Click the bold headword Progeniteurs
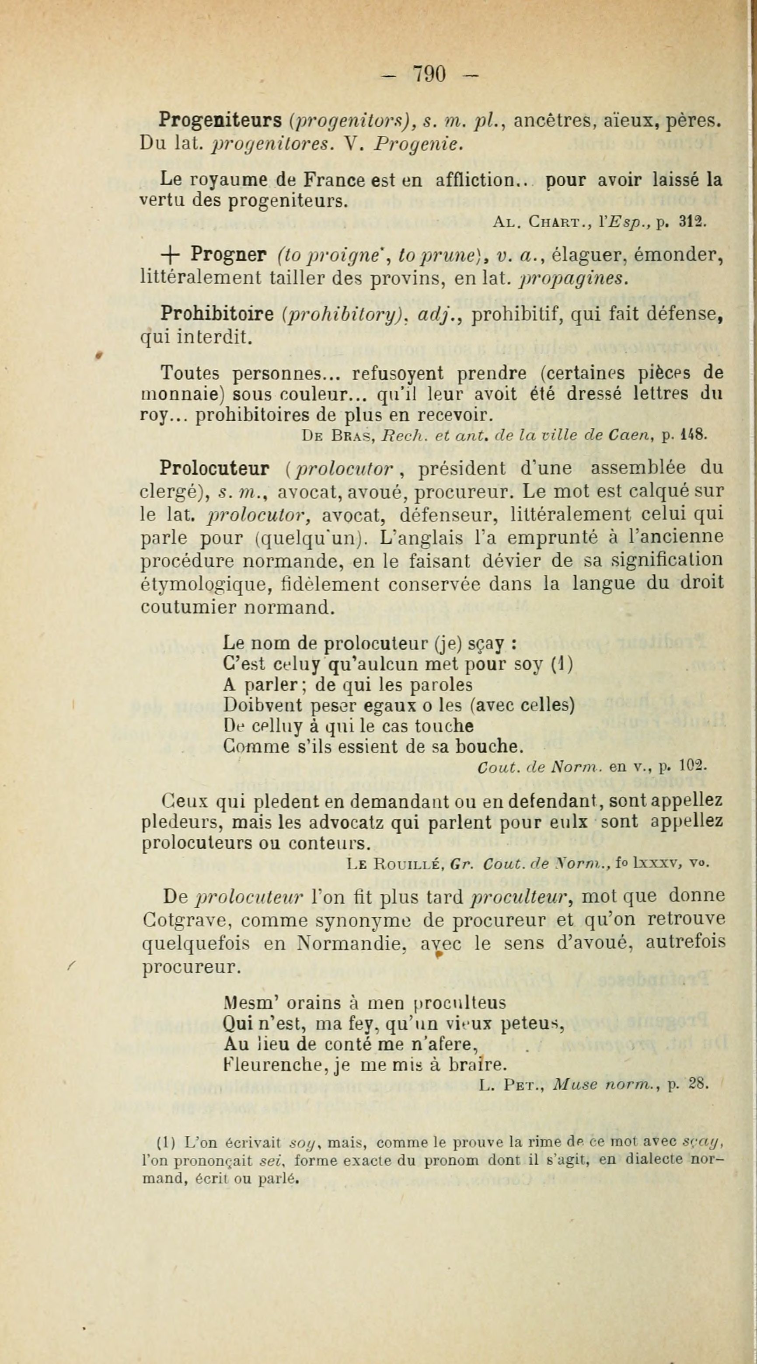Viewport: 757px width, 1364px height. (220, 120)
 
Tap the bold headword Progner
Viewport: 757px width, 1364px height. (228, 255)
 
